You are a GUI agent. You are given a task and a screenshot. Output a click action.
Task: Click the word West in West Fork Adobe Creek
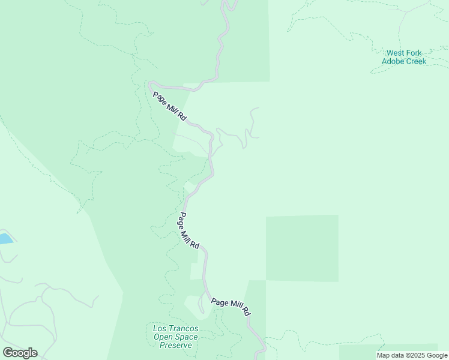pos(396,53)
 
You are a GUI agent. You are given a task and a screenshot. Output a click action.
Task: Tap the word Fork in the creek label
pos(417,53)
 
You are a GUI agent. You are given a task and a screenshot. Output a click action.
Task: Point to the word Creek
pos(415,61)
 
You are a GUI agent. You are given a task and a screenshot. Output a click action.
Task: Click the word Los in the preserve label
pos(159,328)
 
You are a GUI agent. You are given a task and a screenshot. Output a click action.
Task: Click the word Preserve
pos(175,345)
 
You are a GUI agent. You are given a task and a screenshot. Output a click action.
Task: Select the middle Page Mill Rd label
pos(188,231)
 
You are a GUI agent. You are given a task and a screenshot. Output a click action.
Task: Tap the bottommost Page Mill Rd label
pos(231,306)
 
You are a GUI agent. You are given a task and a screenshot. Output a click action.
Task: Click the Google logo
pos(20,353)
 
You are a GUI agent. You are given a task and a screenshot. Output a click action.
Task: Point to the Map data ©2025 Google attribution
pos(412,355)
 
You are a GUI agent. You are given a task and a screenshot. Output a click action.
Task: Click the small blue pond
pos(5,239)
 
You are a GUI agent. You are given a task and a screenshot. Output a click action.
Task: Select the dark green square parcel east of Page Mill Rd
pos(302,248)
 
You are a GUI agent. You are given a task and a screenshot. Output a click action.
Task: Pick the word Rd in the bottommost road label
pos(246,311)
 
